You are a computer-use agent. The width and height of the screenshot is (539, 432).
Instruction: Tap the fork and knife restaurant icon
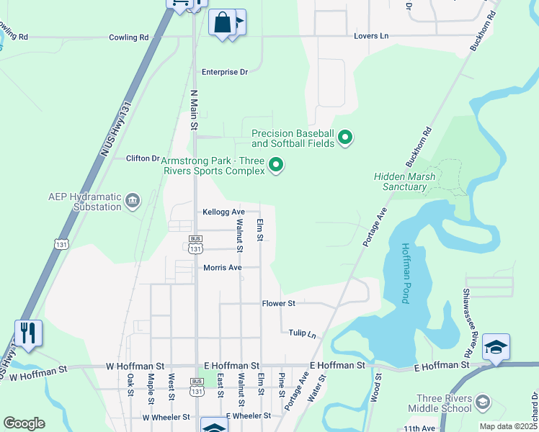coord(28,333)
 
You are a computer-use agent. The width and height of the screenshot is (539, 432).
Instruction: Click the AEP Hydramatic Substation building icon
coord(133,199)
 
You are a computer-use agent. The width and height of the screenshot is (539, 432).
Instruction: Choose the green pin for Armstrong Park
coord(275,166)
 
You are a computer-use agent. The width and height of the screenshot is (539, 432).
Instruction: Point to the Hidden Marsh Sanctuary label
coord(401,181)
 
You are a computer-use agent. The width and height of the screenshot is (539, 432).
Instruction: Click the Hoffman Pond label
coord(405,273)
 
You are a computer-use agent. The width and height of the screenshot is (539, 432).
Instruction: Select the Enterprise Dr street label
coord(224,72)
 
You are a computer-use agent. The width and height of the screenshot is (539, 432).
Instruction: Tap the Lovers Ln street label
coord(371,36)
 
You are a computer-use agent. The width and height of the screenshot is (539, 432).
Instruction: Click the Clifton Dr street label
coord(142,158)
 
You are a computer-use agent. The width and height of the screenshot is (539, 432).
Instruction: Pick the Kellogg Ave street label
coord(223,212)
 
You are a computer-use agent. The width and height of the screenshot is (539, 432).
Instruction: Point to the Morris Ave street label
coord(222,268)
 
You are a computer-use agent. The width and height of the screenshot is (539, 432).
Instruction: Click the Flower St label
coord(279,304)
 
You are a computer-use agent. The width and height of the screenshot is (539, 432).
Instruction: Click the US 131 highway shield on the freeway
coord(61,244)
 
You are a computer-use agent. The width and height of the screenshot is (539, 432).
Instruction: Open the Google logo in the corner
coord(24,423)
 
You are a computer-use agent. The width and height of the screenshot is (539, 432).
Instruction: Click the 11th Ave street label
coord(419,428)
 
